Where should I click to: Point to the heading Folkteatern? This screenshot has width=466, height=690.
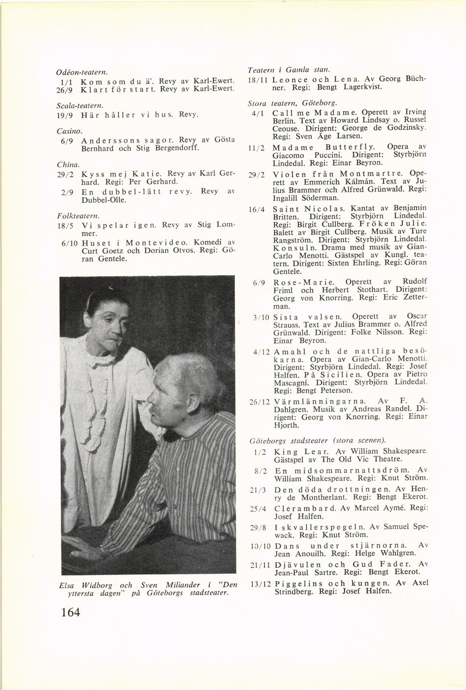[x=72, y=216]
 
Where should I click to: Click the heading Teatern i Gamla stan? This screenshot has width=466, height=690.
[x=282, y=70]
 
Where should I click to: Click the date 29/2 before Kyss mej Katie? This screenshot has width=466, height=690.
[x=66, y=175]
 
